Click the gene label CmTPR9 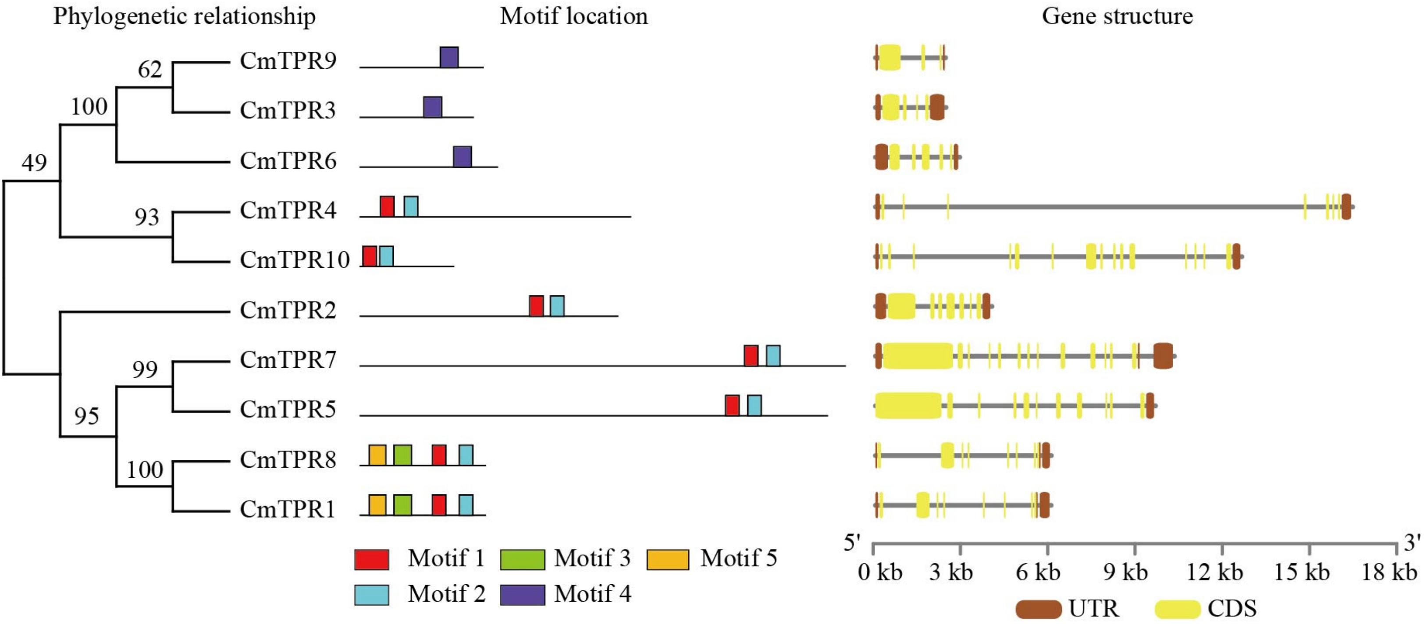(x=288, y=60)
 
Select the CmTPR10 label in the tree (x=295, y=259)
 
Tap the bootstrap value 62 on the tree (x=149, y=70)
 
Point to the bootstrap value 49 (x=34, y=163)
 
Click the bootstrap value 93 (x=147, y=217)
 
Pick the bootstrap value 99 (x=145, y=369)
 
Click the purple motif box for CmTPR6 (x=463, y=156)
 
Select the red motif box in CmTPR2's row (x=536, y=306)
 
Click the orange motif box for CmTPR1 (x=377, y=505)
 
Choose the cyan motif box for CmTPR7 (x=773, y=356)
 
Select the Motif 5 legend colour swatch (x=668, y=559)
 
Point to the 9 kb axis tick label (x=1125, y=572)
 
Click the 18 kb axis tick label (x=1389, y=572)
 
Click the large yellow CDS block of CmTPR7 (x=918, y=356)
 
